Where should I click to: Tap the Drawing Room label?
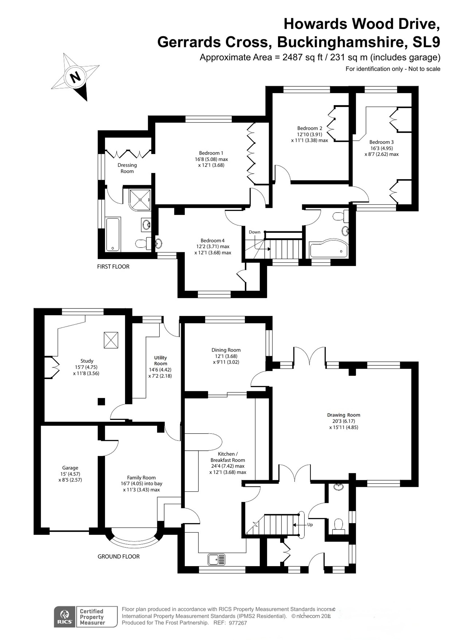pos(344,415)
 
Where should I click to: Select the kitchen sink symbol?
pos(216,559)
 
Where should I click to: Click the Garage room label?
pos(70,468)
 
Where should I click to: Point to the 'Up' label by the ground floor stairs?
pos(310,525)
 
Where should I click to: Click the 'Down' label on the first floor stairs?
pos(254,232)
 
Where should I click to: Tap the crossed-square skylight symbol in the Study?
pos(111,340)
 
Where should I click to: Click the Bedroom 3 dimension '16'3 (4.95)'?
pos(381,148)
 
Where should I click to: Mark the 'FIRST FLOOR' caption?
pos(113,267)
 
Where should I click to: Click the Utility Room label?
pos(160,361)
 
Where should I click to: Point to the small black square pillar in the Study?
pos(101,401)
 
